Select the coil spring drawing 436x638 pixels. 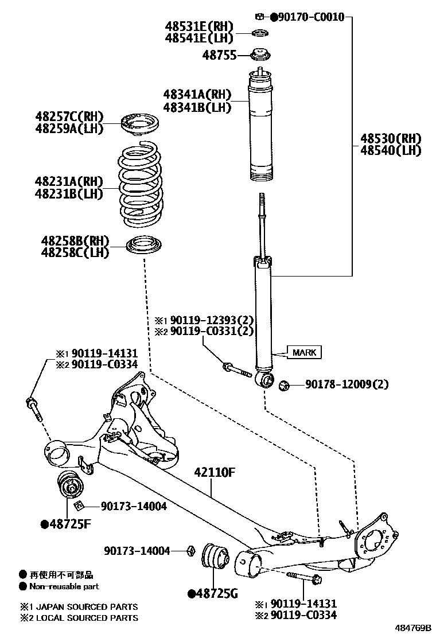pos(141,184)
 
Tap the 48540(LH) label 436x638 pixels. pos(391,151)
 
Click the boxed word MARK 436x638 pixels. pos(305,352)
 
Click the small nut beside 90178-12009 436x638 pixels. pos(283,384)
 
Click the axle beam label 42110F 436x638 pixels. pos(215,473)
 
